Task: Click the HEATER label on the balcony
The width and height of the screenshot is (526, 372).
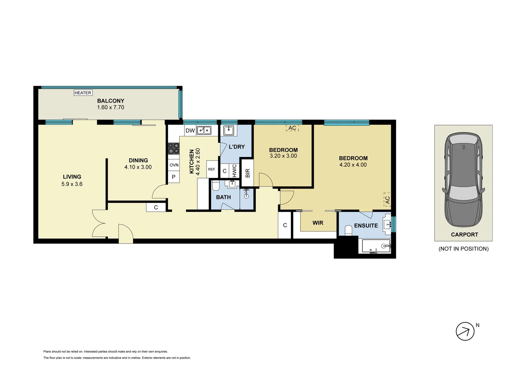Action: coord(83,93)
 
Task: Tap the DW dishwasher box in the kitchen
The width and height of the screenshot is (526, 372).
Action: coord(190,131)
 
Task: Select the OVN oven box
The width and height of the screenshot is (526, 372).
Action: coord(174,165)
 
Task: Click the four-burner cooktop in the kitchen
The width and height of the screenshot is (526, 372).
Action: coord(174,148)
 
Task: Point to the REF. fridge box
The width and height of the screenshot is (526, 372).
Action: coord(212,169)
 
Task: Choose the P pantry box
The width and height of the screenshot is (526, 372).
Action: coord(174,177)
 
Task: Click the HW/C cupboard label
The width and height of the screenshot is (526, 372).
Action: coord(234,170)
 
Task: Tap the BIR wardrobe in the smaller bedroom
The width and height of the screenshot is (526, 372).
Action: coord(248,173)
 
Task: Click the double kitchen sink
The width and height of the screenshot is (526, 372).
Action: coord(204,130)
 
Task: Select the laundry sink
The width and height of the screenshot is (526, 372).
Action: coord(229,131)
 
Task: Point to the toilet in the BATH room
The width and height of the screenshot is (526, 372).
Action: coord(215,186)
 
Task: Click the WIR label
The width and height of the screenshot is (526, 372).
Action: coord(318,223)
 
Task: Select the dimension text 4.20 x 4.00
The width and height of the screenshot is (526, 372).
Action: coord(353,165)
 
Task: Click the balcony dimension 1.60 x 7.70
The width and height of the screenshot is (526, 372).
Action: coord(111,107)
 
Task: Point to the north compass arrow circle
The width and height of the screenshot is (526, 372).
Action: coord(465,331)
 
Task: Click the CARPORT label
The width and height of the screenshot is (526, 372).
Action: coord(464,235)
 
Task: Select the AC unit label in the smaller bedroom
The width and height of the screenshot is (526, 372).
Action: coord(292,128)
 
